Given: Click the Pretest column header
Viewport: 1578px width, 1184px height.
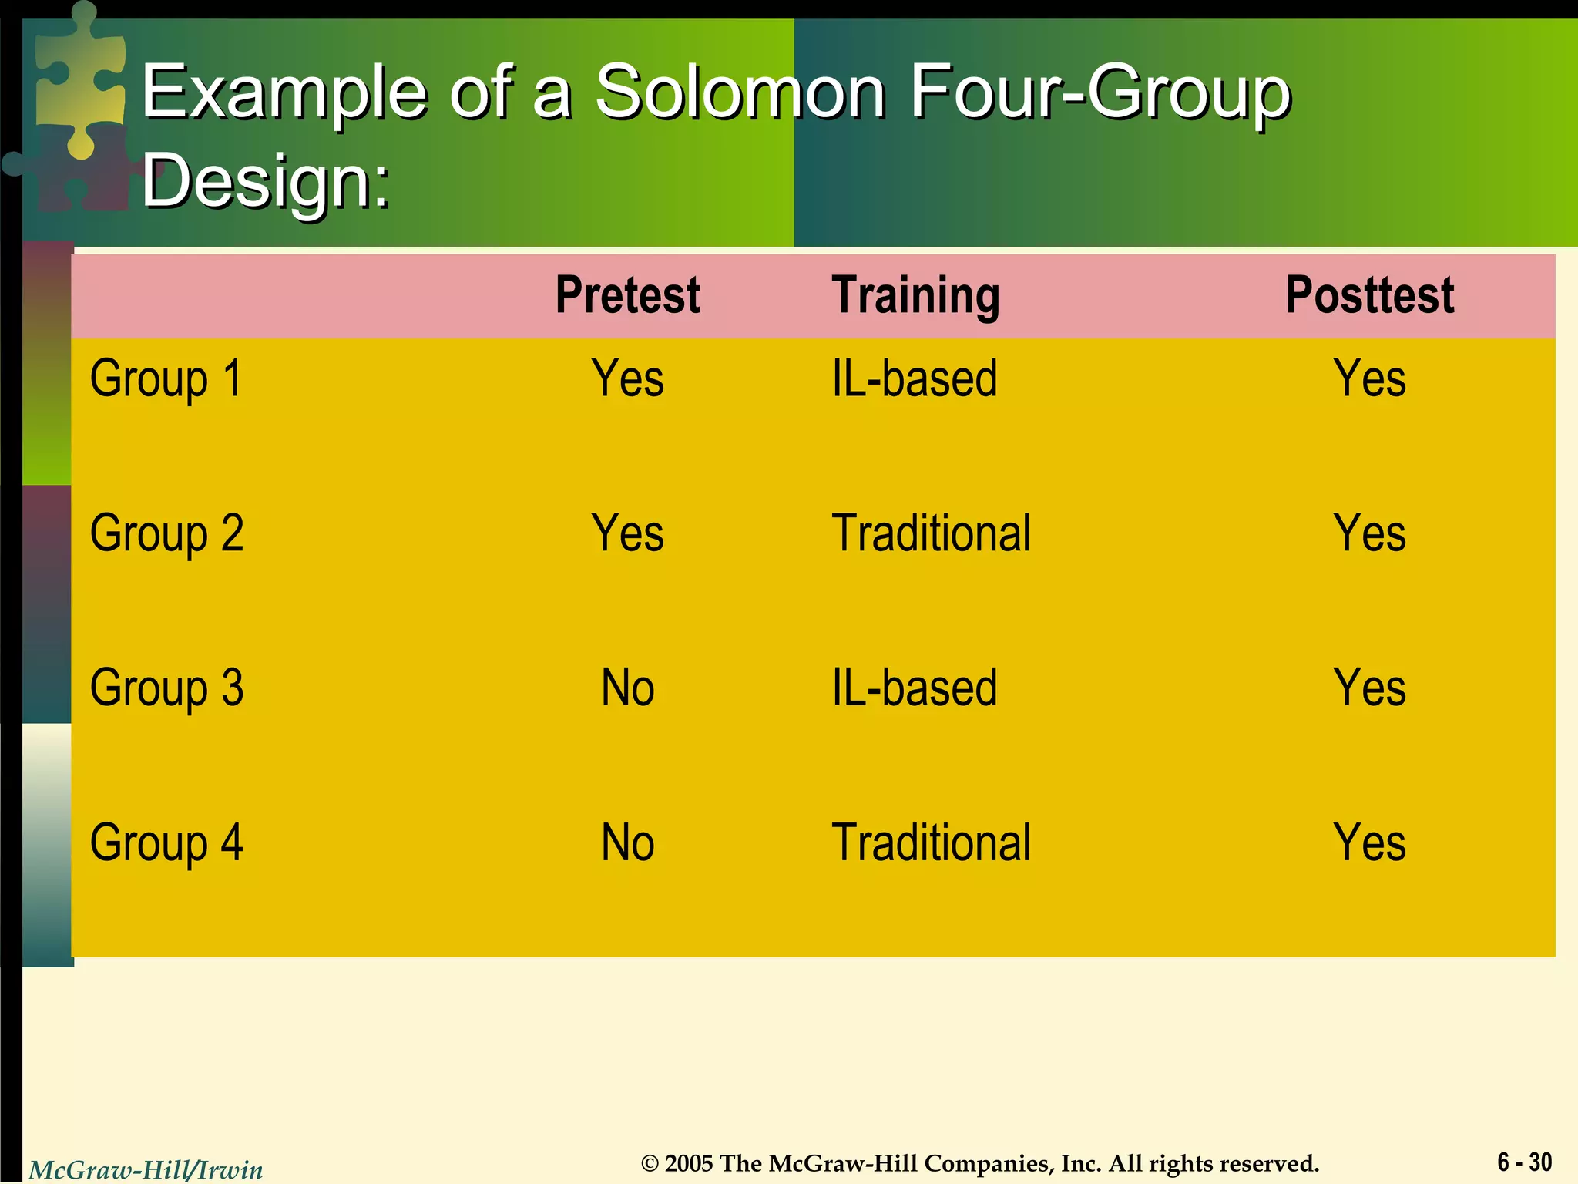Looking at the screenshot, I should tap(627, 295).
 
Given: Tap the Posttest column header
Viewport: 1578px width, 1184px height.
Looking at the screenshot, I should tap(1369, 295).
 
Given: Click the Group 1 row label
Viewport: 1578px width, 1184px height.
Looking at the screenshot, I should tap(166, 379).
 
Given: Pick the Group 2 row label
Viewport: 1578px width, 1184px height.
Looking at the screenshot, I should tap(166, 533).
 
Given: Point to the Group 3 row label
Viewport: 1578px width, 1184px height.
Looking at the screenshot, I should tap(166, 688).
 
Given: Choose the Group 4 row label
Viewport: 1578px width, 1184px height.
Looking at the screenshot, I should tap(166, 843).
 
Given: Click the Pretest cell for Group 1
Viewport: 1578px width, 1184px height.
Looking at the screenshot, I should tap(627, 379).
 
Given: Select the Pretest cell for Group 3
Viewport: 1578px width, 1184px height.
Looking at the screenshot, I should tap(627, 688).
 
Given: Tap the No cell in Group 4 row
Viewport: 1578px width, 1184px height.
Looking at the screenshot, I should tap(627, 843).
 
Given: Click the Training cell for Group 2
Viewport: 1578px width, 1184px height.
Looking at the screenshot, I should tap(931, 533).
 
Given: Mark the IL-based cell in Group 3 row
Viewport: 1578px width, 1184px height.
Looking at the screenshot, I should tap(915, 688).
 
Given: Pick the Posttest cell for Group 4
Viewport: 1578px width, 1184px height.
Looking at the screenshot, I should tap(1369, 843).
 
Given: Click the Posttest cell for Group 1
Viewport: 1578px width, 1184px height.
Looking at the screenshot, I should tap(1369, 379).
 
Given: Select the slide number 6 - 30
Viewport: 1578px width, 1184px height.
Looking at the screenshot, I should tap(1524, 1162).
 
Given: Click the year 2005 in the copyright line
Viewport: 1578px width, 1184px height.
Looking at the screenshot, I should tap(688, 1163).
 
